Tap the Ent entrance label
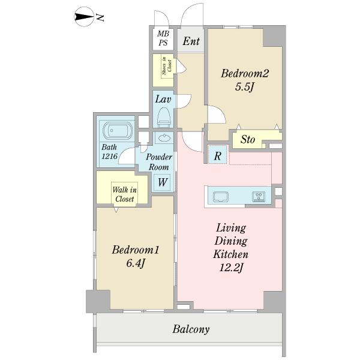click(191, 41)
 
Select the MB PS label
click(163, 38)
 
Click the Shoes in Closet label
click(167, 65)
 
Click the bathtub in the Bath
click(118, 131)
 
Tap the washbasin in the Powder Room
click(164, 138)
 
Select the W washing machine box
click(162, 182)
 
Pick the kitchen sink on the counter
click(221, 197)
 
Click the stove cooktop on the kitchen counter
click(259, 197)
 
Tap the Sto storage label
click(248, 139)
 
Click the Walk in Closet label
click(124, 194)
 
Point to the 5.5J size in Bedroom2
click(245, 87)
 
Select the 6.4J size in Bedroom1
click(136, 263)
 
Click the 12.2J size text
click(231, 268)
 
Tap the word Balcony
click(191, 329)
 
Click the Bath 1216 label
click(110, 152)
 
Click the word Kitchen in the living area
click(231, 254)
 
